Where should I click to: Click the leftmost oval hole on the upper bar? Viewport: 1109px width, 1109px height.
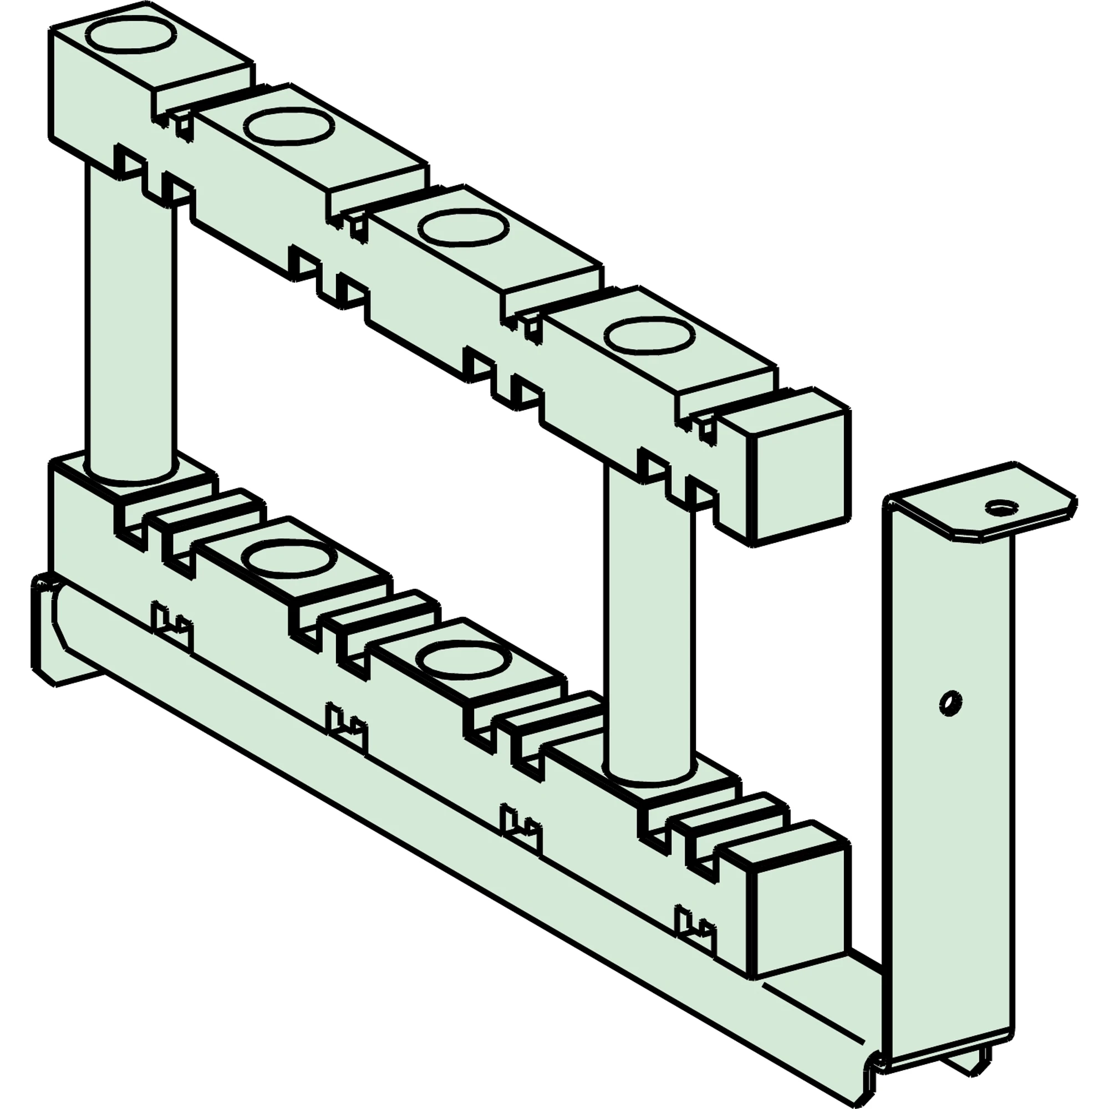pos(133,35)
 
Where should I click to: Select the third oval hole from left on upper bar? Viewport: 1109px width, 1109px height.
pos(462,228)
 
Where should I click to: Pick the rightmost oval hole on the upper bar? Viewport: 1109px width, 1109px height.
pos(649,335)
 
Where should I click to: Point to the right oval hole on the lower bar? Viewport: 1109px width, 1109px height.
pos(462,659)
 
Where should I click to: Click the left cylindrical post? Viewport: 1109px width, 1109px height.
pos(130,322)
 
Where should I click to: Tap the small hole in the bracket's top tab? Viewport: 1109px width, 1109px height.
pos(1001,507)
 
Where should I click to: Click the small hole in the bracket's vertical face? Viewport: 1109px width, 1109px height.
pos(951,702)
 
